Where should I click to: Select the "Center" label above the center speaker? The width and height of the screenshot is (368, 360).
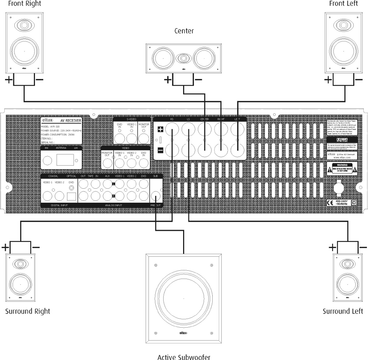(x=184, y=31)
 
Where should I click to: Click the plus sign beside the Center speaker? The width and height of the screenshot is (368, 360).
(x=168, y=80)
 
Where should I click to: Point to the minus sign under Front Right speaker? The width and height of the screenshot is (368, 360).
(x=40, y=80)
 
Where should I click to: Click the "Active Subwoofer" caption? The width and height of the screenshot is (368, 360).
(x=184, y=357)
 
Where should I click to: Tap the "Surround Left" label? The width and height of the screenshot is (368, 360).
(x=343, y=311)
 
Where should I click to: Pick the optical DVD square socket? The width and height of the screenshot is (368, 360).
(x=71, y=196)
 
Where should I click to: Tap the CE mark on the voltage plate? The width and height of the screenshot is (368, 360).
(x=330, y=202)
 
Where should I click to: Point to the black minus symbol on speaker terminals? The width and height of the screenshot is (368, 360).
(x=160, y=150)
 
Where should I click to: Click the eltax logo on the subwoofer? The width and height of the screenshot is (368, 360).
(x=184, y=333)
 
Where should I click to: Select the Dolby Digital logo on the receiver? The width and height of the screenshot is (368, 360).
(x=342, y=139)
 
